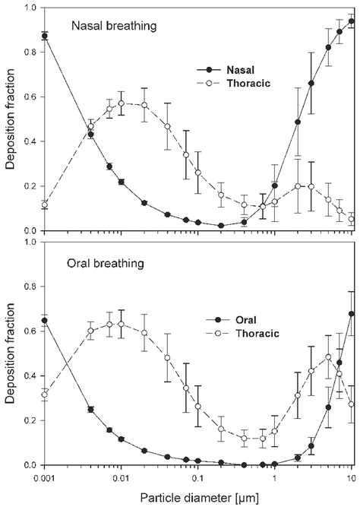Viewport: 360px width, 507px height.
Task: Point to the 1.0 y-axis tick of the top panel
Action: tap(30, 8)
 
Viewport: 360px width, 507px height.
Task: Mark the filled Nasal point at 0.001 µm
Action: tap(45, 36)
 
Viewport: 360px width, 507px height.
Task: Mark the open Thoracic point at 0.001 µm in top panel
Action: tap(45, 204)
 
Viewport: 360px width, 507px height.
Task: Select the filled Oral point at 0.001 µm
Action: tap(45, 299)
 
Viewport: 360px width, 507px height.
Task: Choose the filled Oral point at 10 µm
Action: tap(351, 314)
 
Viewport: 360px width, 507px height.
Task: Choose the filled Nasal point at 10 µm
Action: tap(351, 21)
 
